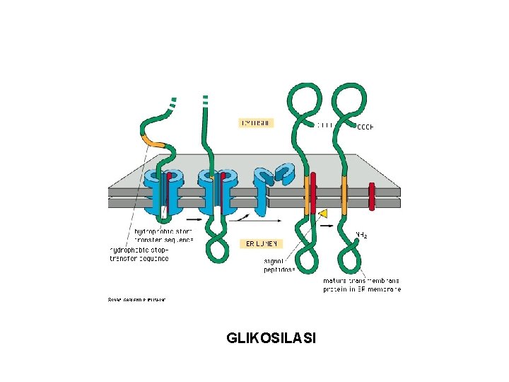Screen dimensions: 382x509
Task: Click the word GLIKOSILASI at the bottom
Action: [271, 338]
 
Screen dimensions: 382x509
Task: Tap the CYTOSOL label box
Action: [256, 122]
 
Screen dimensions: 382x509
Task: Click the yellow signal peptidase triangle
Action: [323, 213]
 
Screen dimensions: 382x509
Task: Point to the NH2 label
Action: [361, 234]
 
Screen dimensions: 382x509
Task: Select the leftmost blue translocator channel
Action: [161, 191]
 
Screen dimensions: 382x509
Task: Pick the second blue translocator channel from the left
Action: [216, 191]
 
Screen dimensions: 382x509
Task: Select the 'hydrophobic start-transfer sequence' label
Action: [163, 235]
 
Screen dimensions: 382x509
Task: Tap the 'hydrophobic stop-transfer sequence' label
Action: [139, 254]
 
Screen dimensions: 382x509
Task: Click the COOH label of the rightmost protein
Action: [365, 127]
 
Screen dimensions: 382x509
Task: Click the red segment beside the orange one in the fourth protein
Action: [313, 197]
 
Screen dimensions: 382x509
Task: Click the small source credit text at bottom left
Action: [136, 299]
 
